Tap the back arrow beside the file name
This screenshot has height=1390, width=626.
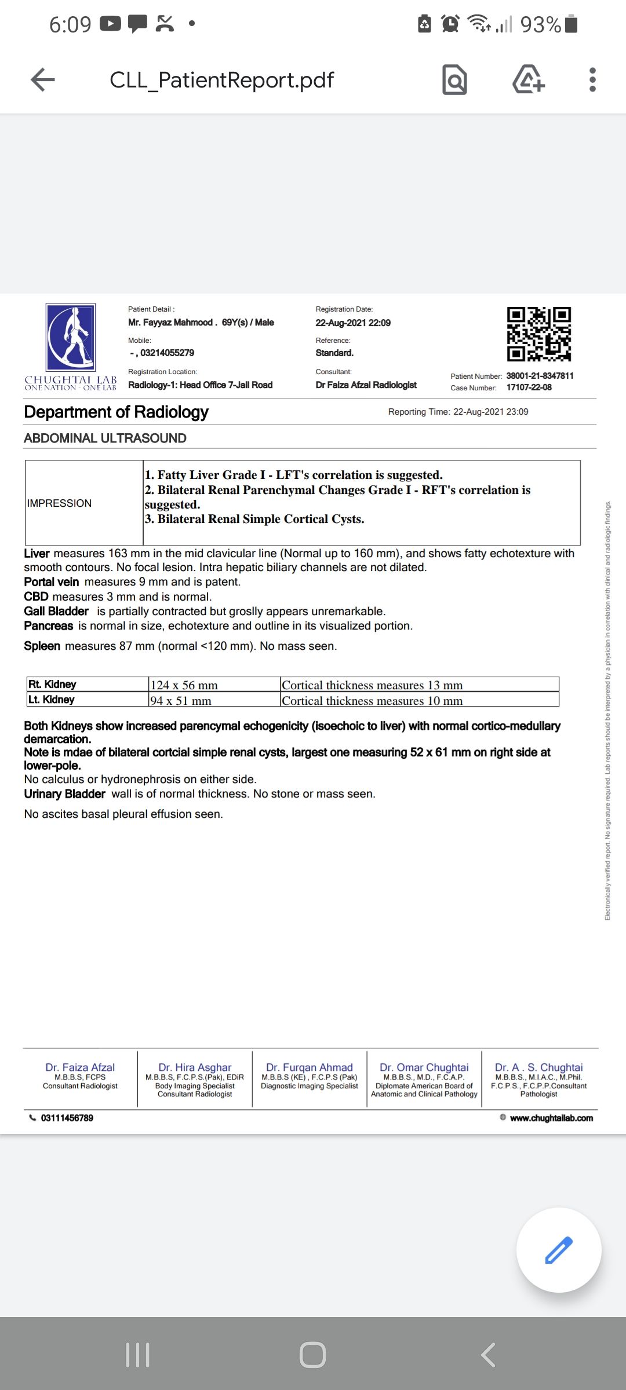tap(43, 80)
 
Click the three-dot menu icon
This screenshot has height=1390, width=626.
tap(592, 80)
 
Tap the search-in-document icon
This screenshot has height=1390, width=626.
tap(454, 80)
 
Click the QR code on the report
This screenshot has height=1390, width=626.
tap(538, 334)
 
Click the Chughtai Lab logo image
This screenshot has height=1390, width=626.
tap(71, 338)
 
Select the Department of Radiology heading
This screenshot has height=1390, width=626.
tap(116, 412)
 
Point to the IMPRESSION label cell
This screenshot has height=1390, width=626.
tap(59, 503)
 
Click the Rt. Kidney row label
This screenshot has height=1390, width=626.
tap(52, 684)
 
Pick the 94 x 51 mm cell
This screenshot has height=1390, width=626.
tap(181, 701)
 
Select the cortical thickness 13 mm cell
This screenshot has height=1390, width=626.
tap(372, 685)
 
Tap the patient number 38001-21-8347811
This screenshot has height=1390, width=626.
tap(540, 376)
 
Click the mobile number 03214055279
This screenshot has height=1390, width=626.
tap(167, 353)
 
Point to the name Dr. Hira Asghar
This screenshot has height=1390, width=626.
tap(195, 1067)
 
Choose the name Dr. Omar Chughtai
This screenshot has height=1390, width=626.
tap(424, 1067)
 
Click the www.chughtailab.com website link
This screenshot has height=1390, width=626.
tap(551, 1118)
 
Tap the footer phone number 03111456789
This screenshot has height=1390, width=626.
tap(67, 1118)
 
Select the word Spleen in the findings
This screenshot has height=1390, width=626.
tap(42, 646)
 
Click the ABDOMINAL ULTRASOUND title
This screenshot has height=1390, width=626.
tap(105, 438)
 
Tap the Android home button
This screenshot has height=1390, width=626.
tap(312, 1355)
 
